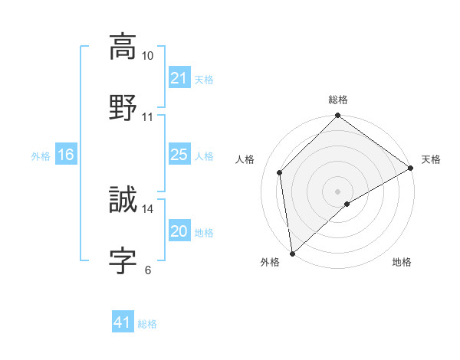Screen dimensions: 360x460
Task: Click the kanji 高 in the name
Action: [x=123, y=47]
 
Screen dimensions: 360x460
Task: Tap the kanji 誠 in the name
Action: [x=123, y=201]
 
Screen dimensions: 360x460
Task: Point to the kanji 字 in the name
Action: [x=123, y=260]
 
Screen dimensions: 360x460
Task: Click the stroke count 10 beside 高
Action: [x=148, y=56]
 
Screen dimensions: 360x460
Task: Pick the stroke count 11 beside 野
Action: [x=148, y=116]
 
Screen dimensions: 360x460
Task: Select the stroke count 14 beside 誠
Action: [x=148, y=208]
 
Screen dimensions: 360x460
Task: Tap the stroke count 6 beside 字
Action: [x=147, y=270]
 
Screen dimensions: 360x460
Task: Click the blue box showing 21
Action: [x=179, y=78]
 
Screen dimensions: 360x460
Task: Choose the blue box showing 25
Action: [x=179, y=155]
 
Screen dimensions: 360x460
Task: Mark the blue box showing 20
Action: [x=179, y=231]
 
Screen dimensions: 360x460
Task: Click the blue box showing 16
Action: [x=66, y=155]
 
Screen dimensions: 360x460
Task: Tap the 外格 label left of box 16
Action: [x=41, y=155]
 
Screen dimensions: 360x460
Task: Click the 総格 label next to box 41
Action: [x=147, y=324]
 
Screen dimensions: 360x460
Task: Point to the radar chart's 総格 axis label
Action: [x=338, y=100]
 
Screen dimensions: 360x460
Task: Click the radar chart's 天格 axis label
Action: [x=431, y=159]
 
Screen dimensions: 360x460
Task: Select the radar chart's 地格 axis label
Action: [x=402, y=263]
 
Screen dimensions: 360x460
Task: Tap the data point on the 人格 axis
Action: [x=280, y=172]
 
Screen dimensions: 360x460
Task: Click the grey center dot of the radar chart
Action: [x=337, y=191]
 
